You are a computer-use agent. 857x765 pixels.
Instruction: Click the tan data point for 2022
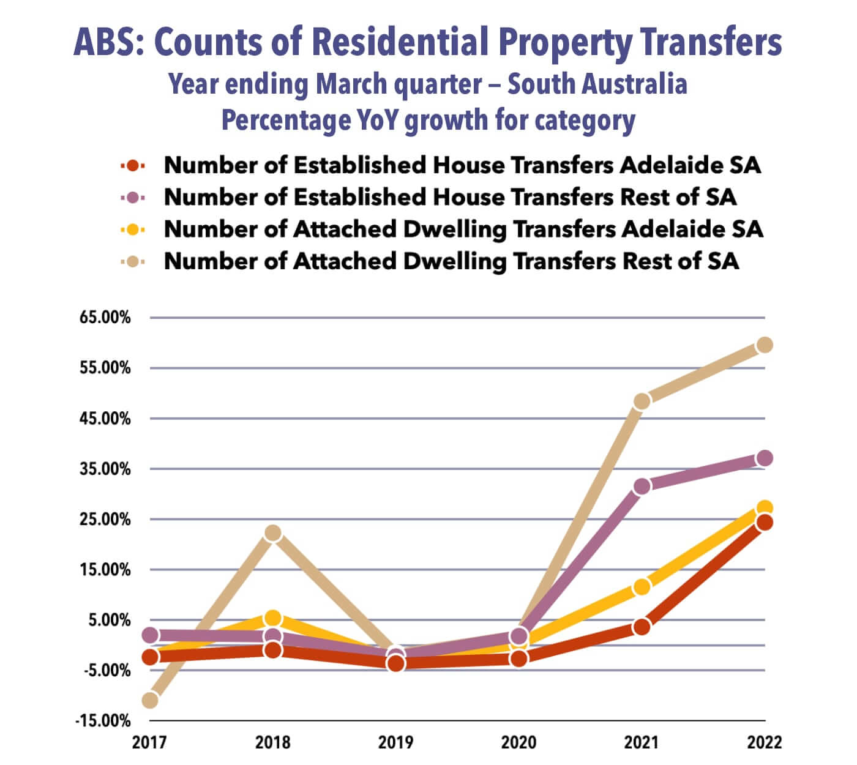point(765,345)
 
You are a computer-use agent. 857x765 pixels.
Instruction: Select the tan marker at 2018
point(273,533)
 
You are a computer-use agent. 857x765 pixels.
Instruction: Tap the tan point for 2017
point(150,700)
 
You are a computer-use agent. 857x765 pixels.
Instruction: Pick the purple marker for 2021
point(642,487)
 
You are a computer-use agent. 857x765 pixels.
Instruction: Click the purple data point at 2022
point(765,458)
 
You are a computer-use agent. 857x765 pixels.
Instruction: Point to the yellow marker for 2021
point(642,587)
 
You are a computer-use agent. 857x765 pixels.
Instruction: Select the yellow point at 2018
point(273,618)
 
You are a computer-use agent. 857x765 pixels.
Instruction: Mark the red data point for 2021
point(642,627)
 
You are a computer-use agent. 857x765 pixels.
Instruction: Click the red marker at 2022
point(765,522)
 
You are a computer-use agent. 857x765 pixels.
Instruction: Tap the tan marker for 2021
point(642,401)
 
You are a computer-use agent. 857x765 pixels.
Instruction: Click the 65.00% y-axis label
point(104,318)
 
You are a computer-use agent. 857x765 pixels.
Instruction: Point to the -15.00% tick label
point(103,720)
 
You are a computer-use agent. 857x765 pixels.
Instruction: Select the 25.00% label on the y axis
point(104,519)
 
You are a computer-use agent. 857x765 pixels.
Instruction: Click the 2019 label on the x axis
point(395,743)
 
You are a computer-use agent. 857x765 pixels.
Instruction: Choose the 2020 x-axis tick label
point(518,743)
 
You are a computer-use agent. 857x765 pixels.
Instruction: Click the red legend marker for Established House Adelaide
point(133,165)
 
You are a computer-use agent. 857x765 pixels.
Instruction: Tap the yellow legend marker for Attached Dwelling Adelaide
point(133,229)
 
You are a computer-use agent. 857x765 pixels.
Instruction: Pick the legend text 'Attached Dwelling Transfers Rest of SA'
point(451,261)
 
